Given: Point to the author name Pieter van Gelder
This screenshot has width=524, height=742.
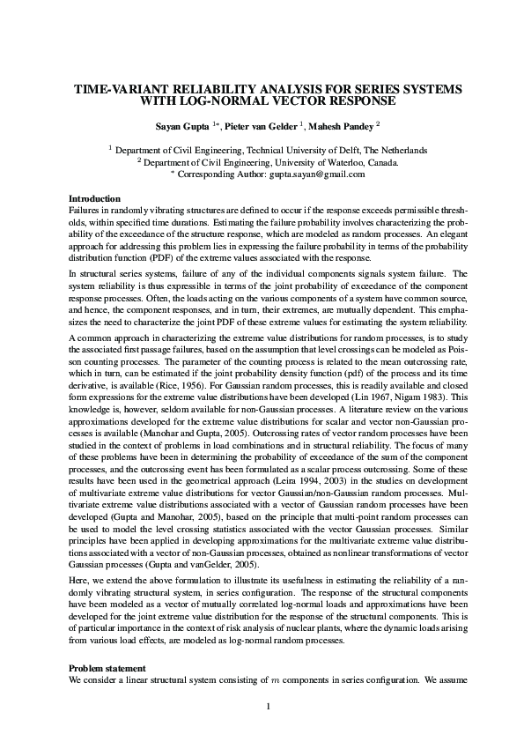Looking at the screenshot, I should pos(262,126).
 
